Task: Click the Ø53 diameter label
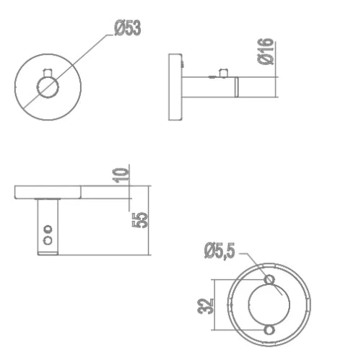click(x=128, y=28)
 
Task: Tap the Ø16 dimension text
click(x=266, y=51)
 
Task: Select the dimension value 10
click(x=121, y=175)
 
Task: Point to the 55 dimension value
click(x=140, y=219)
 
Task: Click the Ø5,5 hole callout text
click(x=219, y=251)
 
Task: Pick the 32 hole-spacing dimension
click(x=205, y=306)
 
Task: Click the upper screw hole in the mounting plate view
click(x=269, y=280)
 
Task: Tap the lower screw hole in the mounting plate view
click(x=269, y=330)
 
